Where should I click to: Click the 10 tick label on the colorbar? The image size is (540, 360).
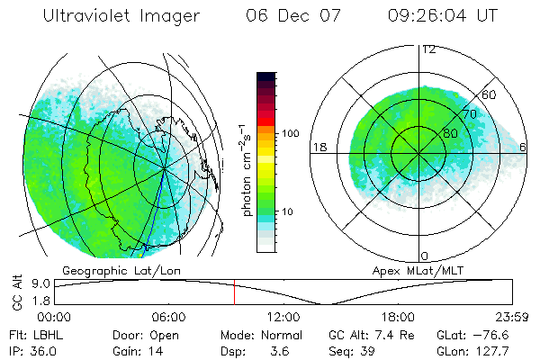(x=290, y=211)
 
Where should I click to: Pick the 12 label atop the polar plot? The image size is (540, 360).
(x=428, y=49)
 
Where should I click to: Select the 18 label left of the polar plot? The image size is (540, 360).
(x=319, y=147)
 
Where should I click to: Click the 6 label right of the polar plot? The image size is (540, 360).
(x=525, y=147)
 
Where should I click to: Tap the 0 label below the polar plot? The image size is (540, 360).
(x=426, y=256)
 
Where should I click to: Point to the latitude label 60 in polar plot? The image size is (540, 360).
(x=490, y=94)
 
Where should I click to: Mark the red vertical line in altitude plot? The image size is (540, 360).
(x=234, y=292)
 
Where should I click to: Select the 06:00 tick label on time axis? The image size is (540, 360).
(x=168, y=317)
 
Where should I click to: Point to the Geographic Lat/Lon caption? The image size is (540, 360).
(x=108, y=270)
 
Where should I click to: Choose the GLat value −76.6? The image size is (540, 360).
(x=490, y=334)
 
